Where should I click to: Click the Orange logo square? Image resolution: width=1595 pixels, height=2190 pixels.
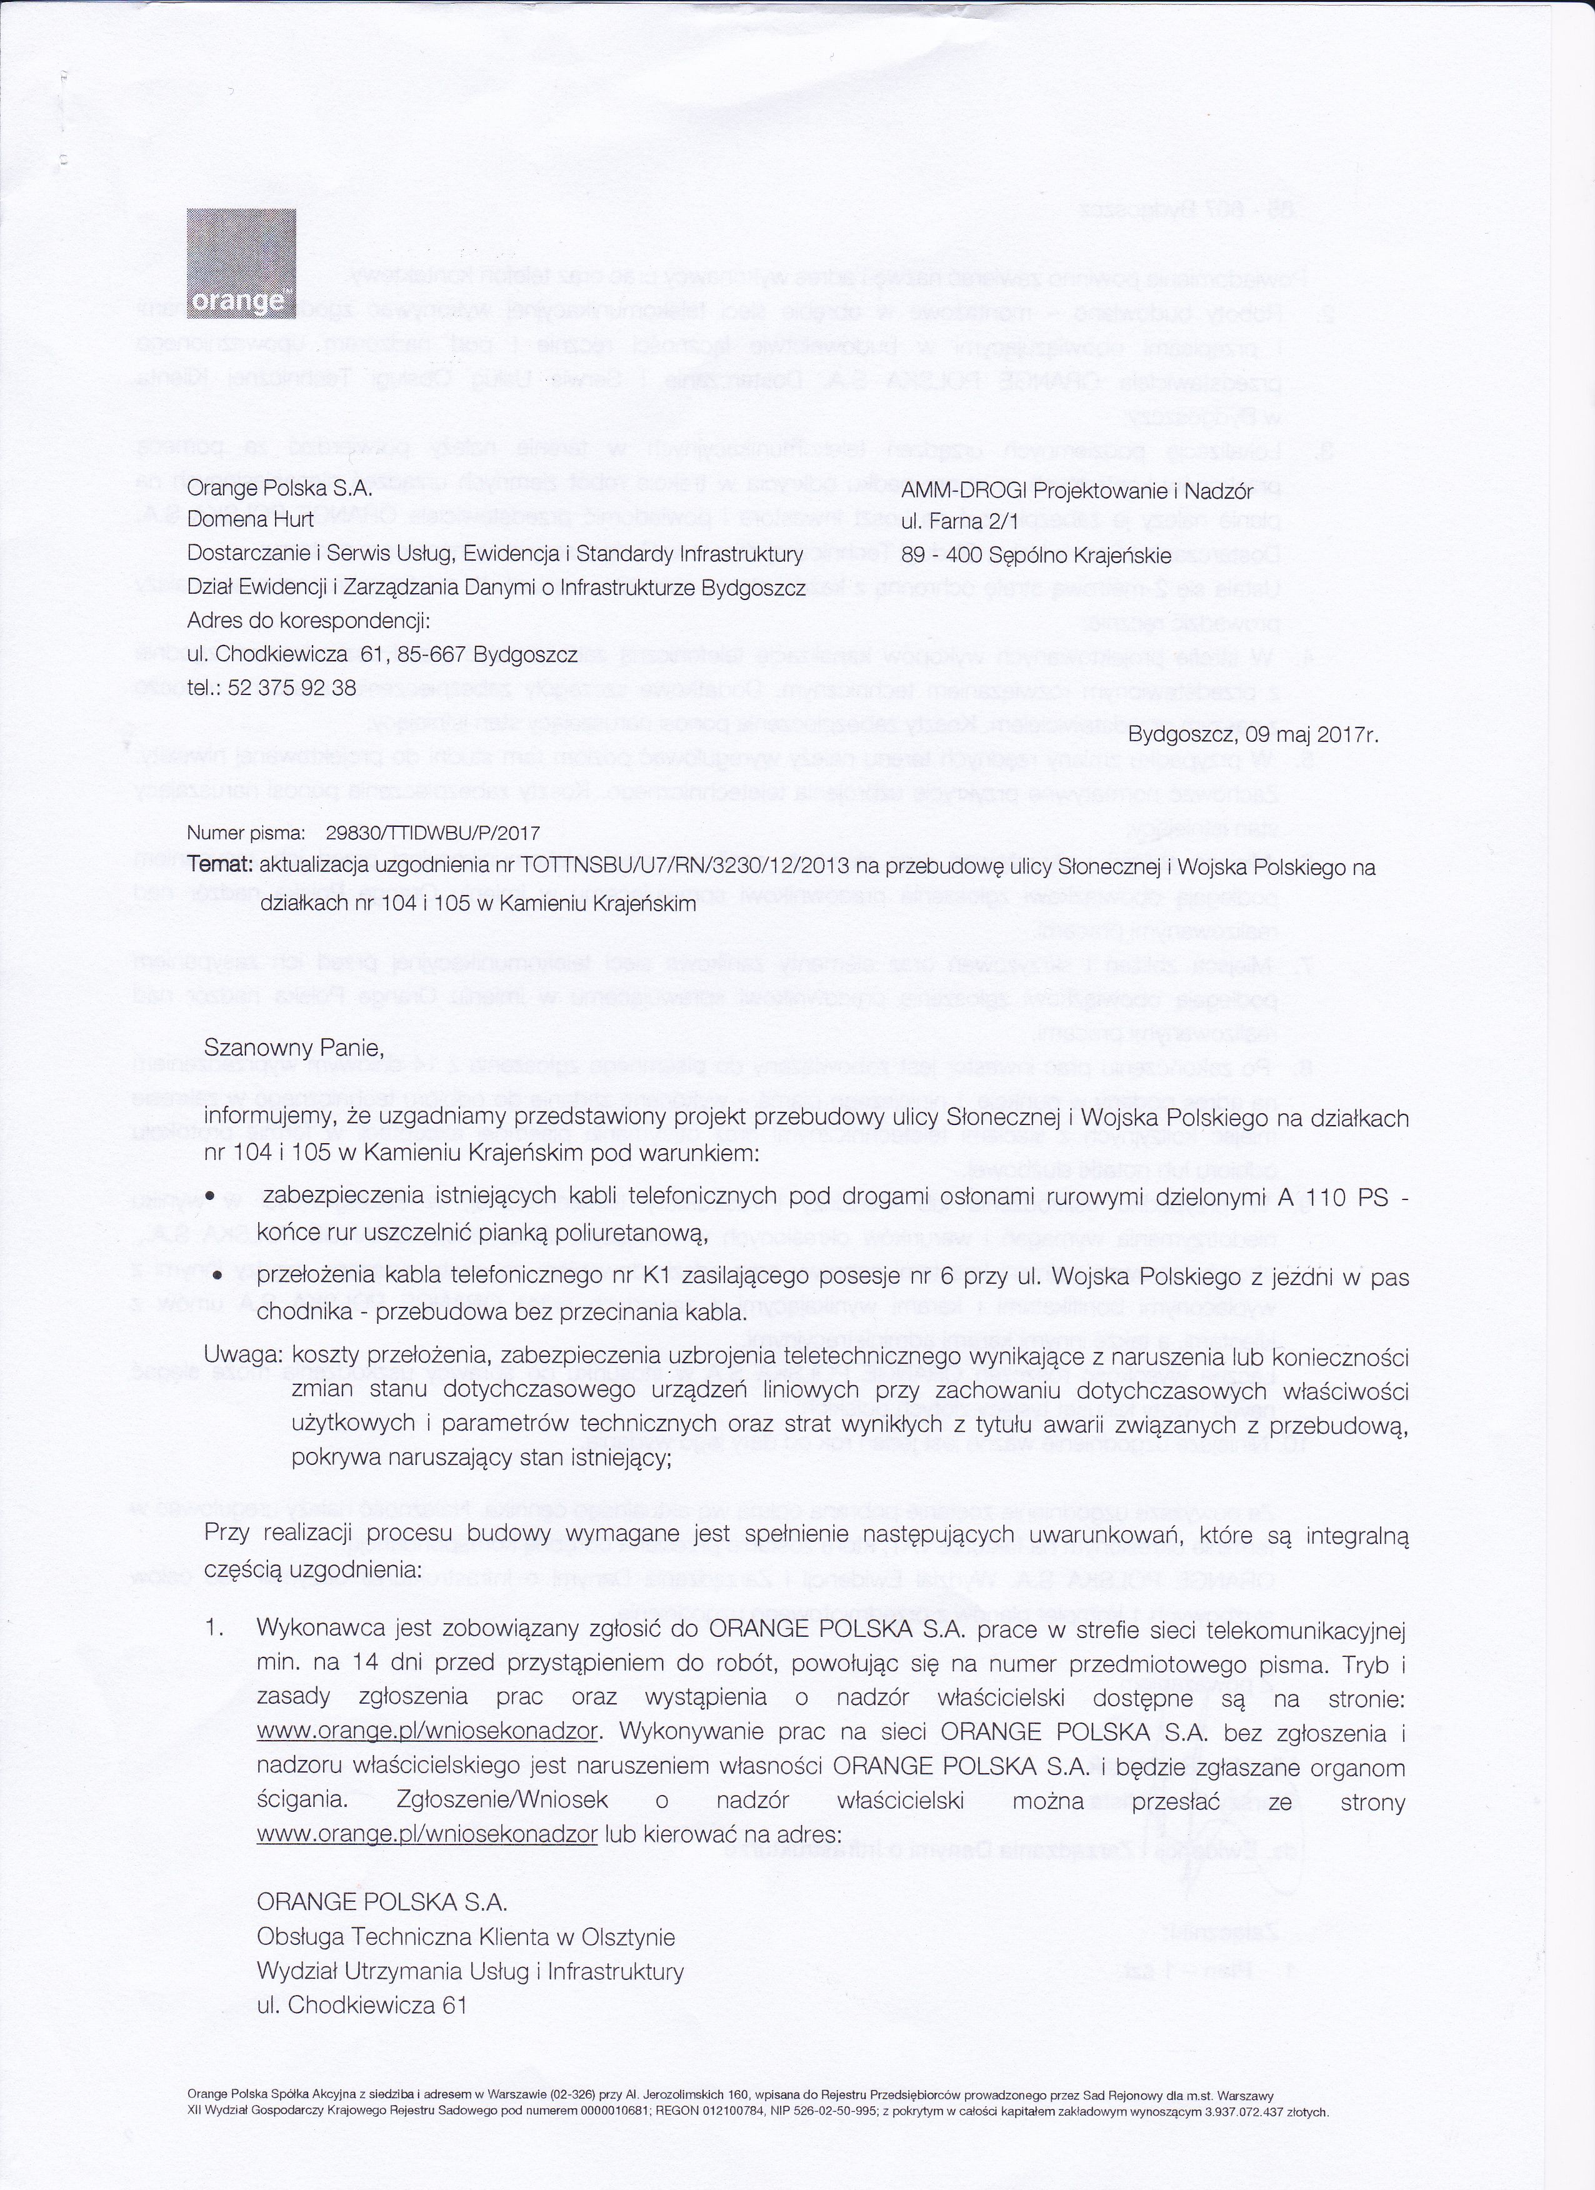tap(241, 264)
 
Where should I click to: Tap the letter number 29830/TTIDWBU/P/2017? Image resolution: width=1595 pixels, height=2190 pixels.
tap(434, 833)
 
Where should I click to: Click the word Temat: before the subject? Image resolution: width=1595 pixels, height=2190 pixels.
tap(221, 866)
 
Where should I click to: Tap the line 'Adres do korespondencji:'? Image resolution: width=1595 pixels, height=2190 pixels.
tap(308, 621)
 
